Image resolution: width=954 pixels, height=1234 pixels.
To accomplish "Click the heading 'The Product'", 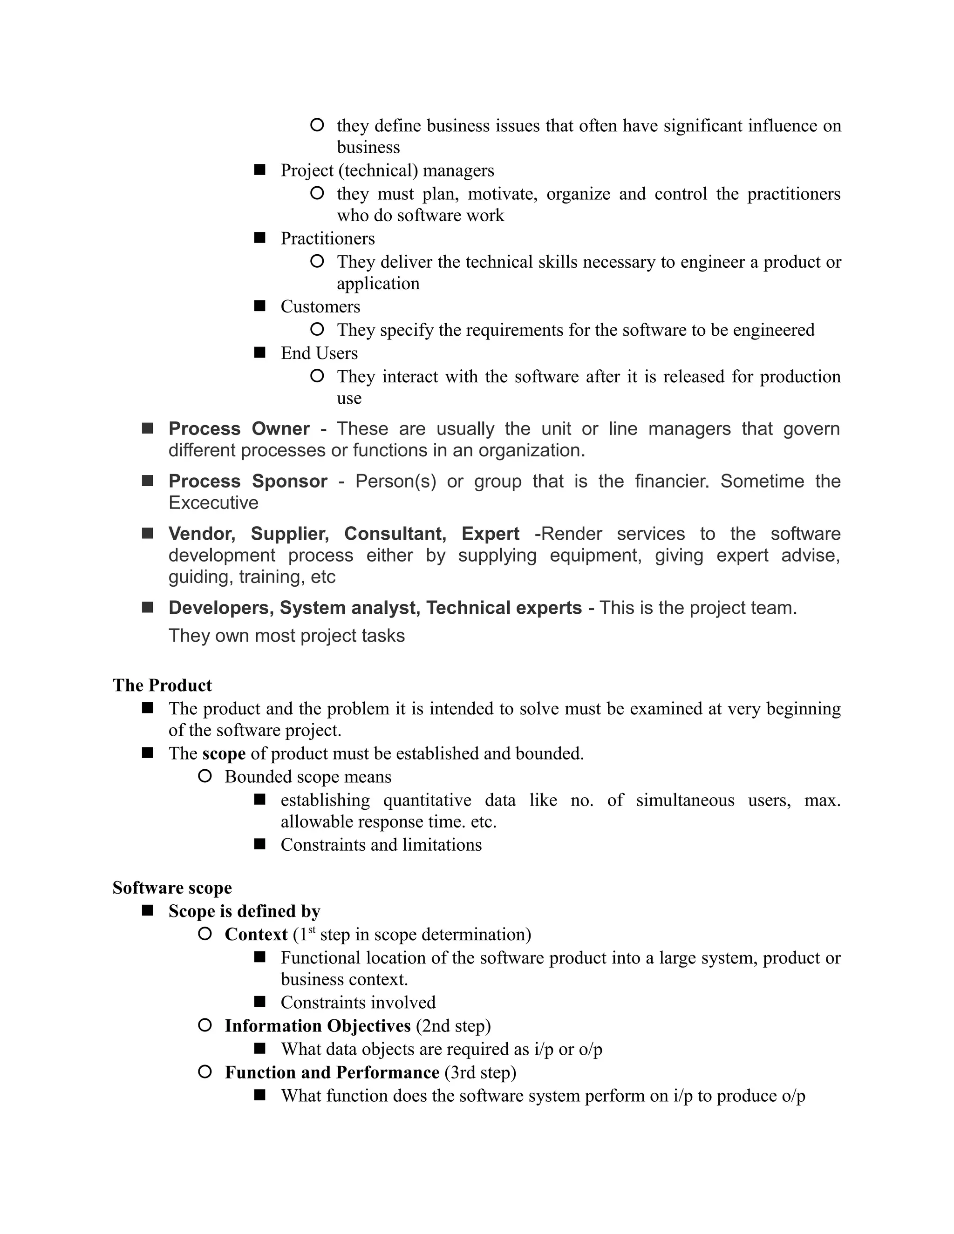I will (x=162, y=685).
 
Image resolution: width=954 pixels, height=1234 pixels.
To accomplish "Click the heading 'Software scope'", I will (x=172, y=888).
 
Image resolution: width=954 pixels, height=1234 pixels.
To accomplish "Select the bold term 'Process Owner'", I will (x=238, y=429).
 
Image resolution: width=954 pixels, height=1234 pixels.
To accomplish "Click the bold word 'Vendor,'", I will (x=202, y=534).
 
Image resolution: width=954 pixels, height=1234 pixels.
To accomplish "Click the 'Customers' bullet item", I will (x=320, y=307).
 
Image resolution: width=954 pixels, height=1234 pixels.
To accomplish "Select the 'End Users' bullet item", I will (x=319, y=353).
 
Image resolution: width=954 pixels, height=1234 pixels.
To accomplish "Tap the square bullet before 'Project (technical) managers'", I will (x=259, y=170).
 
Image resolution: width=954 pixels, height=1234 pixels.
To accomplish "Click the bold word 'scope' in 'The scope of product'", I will (x=224, y=754).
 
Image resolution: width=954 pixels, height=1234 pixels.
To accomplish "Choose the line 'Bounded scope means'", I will (x=307, y=777).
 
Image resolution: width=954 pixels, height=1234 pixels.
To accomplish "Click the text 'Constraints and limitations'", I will (x=381, y=845).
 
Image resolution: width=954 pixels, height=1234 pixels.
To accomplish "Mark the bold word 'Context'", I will (x=256, y=935).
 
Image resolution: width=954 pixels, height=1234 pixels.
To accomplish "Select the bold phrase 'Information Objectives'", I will (x=317, y=1025).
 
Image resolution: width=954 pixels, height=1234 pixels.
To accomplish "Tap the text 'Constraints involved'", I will (x=358, y=1003).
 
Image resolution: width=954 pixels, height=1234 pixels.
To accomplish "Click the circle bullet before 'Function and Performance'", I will (x=204, y=1071).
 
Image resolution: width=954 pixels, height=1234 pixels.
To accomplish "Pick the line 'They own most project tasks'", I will (x=286, y=636).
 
